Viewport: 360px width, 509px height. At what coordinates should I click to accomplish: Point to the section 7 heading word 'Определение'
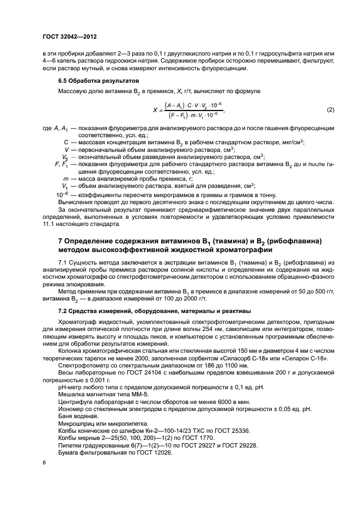click(x=91, y=241)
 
